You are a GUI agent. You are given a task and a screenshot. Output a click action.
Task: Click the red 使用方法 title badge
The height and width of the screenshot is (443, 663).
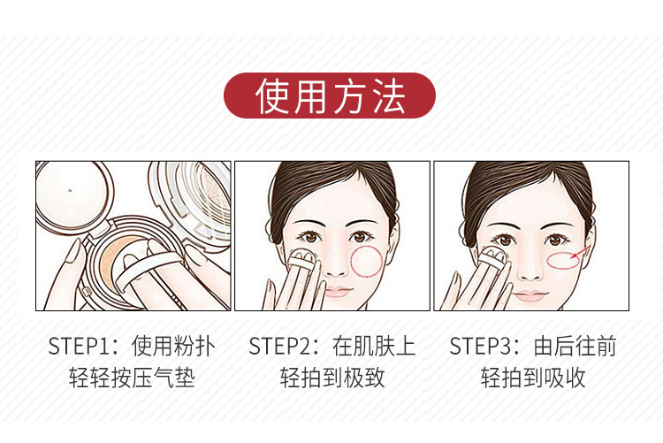(x=330, y=95)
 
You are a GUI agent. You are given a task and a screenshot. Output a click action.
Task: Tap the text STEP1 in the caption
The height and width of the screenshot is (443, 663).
(x=79, y=346)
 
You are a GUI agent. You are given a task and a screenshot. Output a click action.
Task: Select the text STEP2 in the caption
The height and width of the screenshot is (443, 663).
(x=279, y=346)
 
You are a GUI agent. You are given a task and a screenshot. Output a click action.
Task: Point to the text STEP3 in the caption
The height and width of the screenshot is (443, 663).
(x=480, y=346)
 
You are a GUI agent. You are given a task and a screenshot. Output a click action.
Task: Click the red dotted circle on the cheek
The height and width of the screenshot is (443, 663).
(x=366, y=262)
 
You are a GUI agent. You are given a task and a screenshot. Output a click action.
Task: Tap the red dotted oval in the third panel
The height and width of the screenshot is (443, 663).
(x=563, y=261)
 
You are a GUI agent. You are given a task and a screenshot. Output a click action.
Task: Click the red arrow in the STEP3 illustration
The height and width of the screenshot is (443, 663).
(x=581, y=252)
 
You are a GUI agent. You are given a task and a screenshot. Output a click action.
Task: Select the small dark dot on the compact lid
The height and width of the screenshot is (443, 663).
(x=70, y=190)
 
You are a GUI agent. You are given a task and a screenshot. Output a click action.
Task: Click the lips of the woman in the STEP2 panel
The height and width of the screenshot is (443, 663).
(x=339, y=292)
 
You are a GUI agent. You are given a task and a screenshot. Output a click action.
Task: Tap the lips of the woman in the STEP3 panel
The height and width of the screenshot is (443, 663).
(x=530, y=295)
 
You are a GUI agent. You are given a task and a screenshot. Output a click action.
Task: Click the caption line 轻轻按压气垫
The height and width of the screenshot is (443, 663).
(x=132, y=378)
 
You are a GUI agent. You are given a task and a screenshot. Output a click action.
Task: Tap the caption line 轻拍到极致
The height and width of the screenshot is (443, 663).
(x=332, y=378)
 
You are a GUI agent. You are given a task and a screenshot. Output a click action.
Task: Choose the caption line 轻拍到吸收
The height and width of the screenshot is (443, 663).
(x=533, y=378)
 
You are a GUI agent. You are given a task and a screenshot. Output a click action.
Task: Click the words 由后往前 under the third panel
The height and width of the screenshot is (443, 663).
(x=575, y=346)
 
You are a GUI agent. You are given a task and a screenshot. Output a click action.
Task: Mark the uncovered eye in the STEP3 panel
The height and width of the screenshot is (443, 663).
(x=556, y=241)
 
